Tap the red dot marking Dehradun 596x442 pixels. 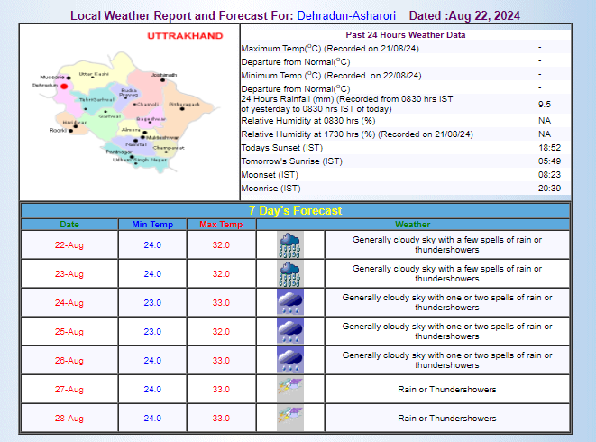click(x=64, y=87)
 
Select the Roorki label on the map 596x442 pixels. click(x=58, y=130)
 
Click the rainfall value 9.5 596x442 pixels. click(x=545, y=105)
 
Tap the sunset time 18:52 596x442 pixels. click(x=550, y=147)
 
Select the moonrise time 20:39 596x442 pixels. click(x=550, y=188)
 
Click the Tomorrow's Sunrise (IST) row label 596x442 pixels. click(x=291, y=161)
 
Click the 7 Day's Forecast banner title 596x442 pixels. click(x=296, y=210)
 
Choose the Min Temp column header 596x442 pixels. click(x=151, y=225)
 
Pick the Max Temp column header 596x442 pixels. click(x=220, y=225)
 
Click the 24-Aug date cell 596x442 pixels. click(x=69, y=302)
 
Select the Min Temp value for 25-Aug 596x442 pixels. click(x=151, y=331)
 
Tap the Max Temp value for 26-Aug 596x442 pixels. click(x=221, y=360)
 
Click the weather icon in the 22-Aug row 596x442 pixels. click(x=289, y=244)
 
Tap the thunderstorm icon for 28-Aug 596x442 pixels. click(x=289, y=418)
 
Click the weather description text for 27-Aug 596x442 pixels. click(x=447, y=389)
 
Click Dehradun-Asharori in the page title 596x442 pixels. click(x=346, y=16)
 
